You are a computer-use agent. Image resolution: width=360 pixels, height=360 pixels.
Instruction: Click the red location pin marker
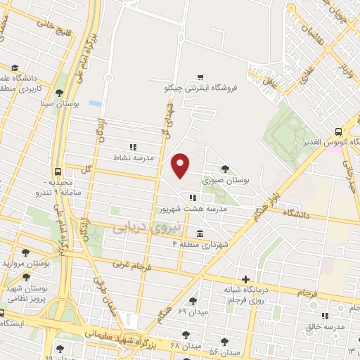click(x=181, y=165)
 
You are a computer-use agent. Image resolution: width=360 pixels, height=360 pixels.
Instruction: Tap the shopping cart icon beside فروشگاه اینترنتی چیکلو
click(x=200, y=77)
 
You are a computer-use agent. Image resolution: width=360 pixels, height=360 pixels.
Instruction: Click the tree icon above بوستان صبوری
click(x=224, y=168)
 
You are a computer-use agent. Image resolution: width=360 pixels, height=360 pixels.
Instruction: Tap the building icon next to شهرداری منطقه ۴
click(x=201, y=233)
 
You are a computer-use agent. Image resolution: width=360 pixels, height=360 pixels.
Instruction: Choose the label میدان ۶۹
click(x=192, y=311)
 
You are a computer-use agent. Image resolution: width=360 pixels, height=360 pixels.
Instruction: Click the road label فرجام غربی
click(x=132, y=266)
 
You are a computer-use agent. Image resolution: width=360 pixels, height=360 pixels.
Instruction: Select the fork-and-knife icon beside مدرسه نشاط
click(x=133, y=146)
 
